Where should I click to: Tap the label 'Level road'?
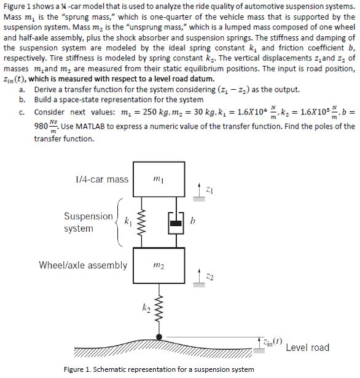tap(307, 348)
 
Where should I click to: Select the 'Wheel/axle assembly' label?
tap(83, 266)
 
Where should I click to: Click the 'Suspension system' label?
tap(88, 222)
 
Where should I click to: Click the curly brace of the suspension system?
tap(119, 222)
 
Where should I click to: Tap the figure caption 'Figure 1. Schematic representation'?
tap(158, 369)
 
